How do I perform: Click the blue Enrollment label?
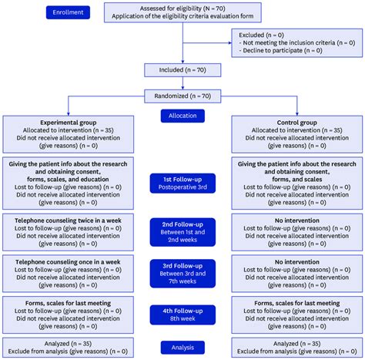[69, 13]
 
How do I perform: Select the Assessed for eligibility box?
[182, 13]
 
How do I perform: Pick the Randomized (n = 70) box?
[182, 97]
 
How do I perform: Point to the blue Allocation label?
[182, 116]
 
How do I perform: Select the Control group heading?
[297, 122]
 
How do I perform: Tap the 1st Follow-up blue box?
[182, 182]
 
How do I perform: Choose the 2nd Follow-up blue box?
[182, 229]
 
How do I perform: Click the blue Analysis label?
[182, 347]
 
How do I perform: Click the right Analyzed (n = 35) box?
[297, 346]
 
